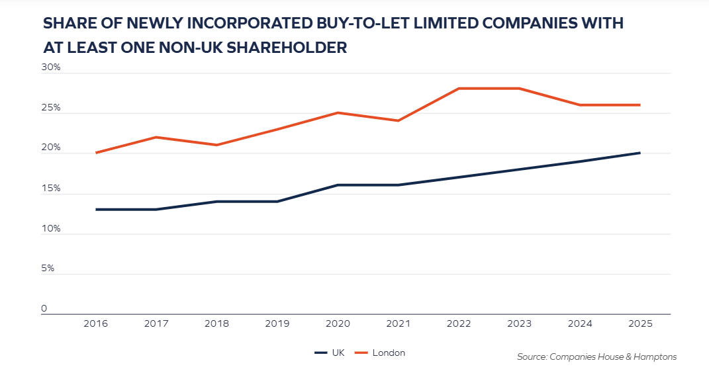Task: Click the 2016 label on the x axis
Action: tap(97, 324)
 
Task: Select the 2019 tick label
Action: tap(277, 324)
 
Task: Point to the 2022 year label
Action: tap(459, 324)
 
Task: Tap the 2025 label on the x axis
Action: tap(639, 324)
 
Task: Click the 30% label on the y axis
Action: tap(52, 67)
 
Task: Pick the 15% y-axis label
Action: tap(52, 189)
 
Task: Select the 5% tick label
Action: tap(48, 269)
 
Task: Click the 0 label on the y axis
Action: tap(44, 309)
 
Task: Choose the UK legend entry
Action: tap(330, 353)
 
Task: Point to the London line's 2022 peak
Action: tap(459, 89)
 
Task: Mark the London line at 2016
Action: tap(97, 153)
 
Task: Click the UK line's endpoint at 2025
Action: tap(639, 153)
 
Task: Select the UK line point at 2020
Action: tap(338, 185)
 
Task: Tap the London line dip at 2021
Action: tap(399, 120)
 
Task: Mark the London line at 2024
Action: tap(579, 105)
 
